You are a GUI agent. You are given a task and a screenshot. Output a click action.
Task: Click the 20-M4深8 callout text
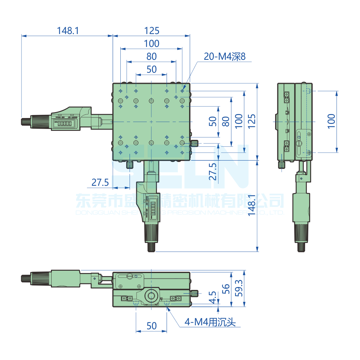224,57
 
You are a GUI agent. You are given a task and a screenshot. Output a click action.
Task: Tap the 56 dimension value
226,289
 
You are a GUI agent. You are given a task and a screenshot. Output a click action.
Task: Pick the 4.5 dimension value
213,297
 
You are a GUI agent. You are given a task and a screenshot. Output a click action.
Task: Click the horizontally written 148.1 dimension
68,31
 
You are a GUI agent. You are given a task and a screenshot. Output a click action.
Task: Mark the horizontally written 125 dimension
151,31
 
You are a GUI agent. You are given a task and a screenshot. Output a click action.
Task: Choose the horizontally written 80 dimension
151,57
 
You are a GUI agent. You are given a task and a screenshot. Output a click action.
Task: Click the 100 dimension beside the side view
331,122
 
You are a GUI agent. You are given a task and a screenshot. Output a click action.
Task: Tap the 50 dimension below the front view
151,326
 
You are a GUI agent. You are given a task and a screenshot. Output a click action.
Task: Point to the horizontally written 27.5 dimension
100,182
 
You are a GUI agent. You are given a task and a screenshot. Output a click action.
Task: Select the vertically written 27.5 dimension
213,171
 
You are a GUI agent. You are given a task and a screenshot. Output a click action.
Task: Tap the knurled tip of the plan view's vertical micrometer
151,247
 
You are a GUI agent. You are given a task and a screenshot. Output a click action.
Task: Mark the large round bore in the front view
151,295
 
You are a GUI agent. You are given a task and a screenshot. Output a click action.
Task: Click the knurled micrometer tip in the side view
301,247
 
